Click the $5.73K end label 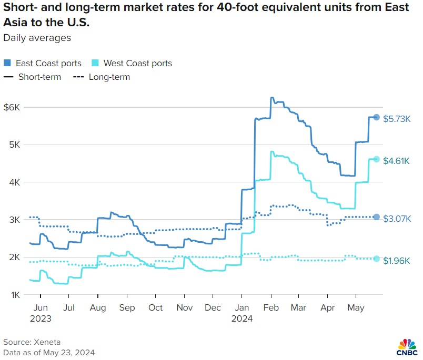click(x=397, y=118)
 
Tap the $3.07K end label click(x=397, y=218)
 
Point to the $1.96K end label click(x=397, y=260)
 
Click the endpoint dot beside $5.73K click(x=376, y=117)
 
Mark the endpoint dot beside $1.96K click(x=376, y=259)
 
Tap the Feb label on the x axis click(x=270, y=307)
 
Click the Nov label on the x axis click(x=184, y=307)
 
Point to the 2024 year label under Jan click(x=241, y=318)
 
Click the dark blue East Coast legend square click(x=7, y=64)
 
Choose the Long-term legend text click(x=109, y=77)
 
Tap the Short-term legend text click(x=39, y=77)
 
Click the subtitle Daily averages click(x=37, y=38)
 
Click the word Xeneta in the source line click(x=45, y=342)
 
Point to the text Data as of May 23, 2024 click(x=48, y=352)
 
